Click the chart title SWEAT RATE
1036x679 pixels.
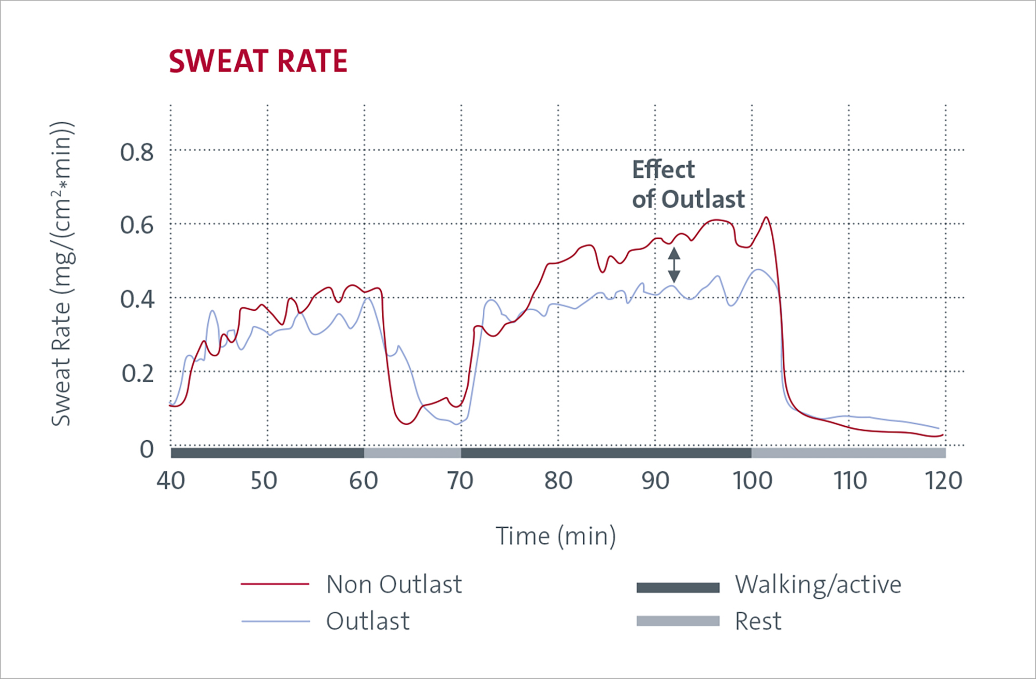click(258, 61)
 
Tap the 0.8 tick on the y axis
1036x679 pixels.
click(137, 152)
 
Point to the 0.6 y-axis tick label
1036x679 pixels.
click(137, 225)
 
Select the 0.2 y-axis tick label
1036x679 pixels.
click(137, 373)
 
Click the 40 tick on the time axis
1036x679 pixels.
click(171, 481)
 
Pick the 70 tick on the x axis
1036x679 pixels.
click(461, 481)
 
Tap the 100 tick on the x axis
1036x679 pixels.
click(752, 481)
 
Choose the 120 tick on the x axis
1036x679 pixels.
click(943, 481)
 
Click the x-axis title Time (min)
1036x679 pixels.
click(556, 536)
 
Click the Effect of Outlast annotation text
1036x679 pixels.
click(688, 184)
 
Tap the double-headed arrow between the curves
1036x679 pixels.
click(674, 265)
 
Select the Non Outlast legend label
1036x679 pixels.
click(394, 584)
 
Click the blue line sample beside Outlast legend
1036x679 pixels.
click(276, 621)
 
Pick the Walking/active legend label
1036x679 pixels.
click(818, 584)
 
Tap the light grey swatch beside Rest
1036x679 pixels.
click(678, 621)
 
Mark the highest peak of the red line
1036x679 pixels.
click(766, 218)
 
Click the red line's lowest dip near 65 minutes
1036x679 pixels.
click(407, 424)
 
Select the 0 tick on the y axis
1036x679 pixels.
click(147, 449)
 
